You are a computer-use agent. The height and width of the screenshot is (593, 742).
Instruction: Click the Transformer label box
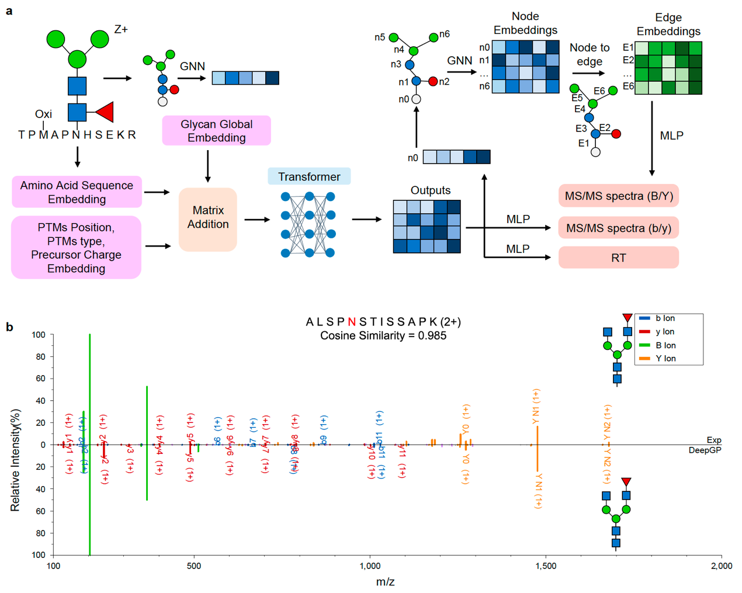(x=309, y=176)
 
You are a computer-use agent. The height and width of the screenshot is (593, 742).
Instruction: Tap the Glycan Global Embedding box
(x=216, y=130)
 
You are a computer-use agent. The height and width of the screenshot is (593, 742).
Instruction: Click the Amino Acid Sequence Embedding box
(x=77, y=192)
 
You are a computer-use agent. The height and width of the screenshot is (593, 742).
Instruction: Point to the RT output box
(x=618, y=258)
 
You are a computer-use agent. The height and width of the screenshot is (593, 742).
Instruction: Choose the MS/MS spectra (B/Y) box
(x=618, y=196)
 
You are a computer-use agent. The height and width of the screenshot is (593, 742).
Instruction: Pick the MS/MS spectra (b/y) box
(x=618, y=228)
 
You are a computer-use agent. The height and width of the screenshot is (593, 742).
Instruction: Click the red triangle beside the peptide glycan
(x=106, y=112)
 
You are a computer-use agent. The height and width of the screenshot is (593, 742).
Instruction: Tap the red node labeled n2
(x=433, y=81)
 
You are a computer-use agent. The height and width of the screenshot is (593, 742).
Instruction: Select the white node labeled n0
(x=416, y=99)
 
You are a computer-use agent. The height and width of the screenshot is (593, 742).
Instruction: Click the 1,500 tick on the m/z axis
(x=546, y=566)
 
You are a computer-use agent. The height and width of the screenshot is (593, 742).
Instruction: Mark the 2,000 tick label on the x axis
(x=722, y=566)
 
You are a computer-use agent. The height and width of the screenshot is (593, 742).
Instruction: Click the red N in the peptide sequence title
(x=351, y=322)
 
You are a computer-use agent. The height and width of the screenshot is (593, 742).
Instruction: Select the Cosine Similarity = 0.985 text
(x=383, y=336)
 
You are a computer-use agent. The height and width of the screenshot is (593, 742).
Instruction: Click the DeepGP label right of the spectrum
(x=705, y=450)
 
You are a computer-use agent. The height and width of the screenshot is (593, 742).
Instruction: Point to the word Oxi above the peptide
(x=43, y=114)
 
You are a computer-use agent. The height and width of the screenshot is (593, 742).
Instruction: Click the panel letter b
(x=9, y=327)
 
